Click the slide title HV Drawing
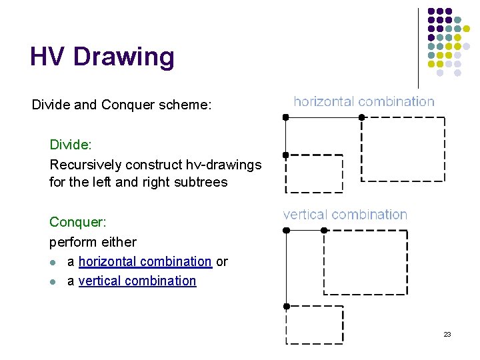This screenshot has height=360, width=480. click(102, 57)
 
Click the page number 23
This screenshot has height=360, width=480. click(447, 334)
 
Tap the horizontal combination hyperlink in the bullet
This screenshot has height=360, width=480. click(145, 262)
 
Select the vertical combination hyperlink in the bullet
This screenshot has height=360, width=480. click(137, 281)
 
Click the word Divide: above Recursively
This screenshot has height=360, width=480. click(71, 145)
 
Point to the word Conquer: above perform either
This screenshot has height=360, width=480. click(77, 222)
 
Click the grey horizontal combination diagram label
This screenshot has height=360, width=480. click(364, 101)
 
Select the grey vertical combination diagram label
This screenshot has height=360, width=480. click(345, 215)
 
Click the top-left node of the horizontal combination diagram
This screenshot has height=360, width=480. click(285, 117)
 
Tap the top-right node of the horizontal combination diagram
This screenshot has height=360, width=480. click(362, 117)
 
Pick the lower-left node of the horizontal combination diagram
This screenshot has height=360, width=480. click(285, 155)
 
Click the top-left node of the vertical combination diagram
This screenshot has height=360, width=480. click(286, 230)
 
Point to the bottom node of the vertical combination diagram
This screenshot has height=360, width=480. click(286, 306)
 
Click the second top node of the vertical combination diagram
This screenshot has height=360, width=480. click(324, 230)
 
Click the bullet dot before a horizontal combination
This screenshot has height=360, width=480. click(54, 263)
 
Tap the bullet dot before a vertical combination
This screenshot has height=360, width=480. click(54, 281)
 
